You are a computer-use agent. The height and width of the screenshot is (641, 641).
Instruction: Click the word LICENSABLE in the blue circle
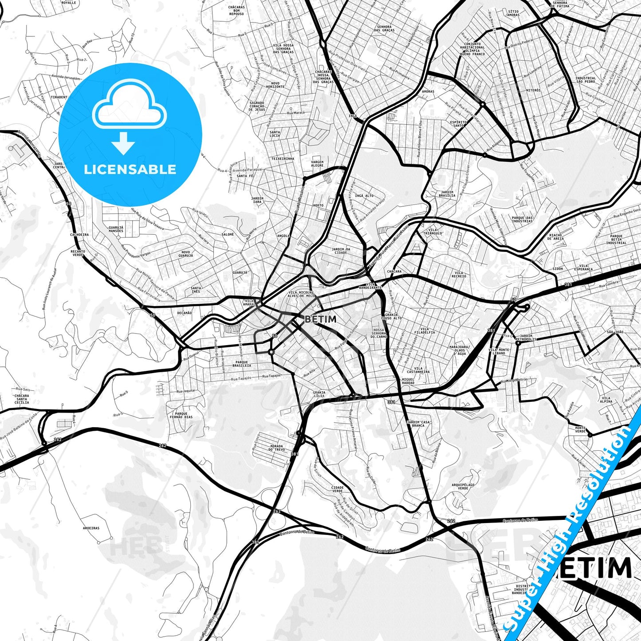[x=130, y=169]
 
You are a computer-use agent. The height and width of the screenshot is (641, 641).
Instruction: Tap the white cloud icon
[x=129, y=108]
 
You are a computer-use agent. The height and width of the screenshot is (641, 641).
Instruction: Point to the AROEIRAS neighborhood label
[x=91, y=528]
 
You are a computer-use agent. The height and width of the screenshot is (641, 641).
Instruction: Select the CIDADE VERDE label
[x=337, y=489]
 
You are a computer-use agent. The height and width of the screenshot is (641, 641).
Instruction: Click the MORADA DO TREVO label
[x=277, y=448]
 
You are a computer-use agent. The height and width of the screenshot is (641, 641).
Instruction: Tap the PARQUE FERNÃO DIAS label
[x=181, y=415]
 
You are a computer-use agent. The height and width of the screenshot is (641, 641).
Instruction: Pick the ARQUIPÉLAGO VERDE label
[x=463, y=487]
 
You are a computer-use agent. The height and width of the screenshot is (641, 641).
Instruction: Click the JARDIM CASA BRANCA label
[x=418, y=424]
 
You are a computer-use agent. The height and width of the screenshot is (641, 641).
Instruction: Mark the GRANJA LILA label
[x=319, y=394]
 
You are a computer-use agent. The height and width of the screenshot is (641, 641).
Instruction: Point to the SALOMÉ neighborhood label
[x=228, y=234]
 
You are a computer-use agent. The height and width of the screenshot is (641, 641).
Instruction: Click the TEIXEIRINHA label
[x=283, y=158]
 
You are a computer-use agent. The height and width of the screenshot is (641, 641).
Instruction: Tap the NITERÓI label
[x=533, y=90]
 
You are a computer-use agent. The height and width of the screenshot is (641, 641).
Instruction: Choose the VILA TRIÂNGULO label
[x=433, y=232]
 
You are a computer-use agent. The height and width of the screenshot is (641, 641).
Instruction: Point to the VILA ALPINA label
[x=606, y=400]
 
